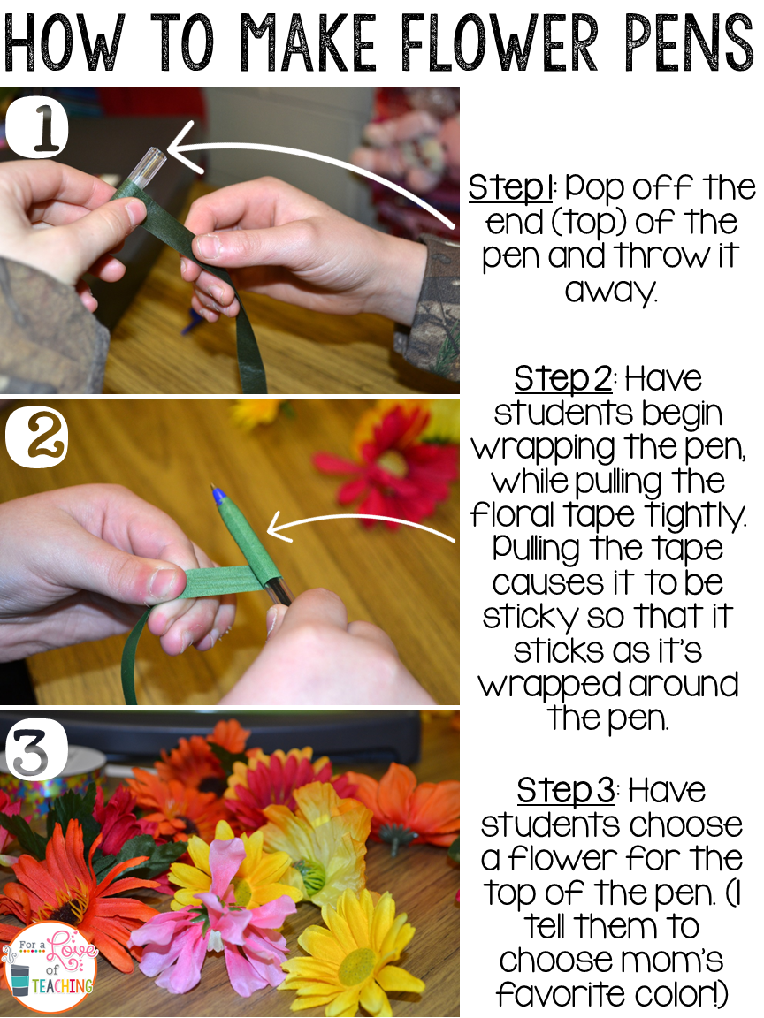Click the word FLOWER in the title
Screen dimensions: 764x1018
click(499, 42)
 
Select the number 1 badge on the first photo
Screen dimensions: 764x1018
click(38, 126)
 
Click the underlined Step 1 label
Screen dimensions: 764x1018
click(510, 188)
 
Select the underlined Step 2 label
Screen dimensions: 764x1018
click(562, 378)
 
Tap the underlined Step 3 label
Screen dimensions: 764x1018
click(566, 790)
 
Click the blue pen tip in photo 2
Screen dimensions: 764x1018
click(216, 495)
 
